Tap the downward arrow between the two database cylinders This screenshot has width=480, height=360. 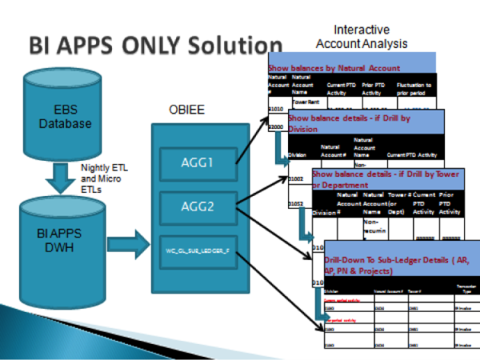(60, 174)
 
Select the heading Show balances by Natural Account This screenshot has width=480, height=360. (334, 70)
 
